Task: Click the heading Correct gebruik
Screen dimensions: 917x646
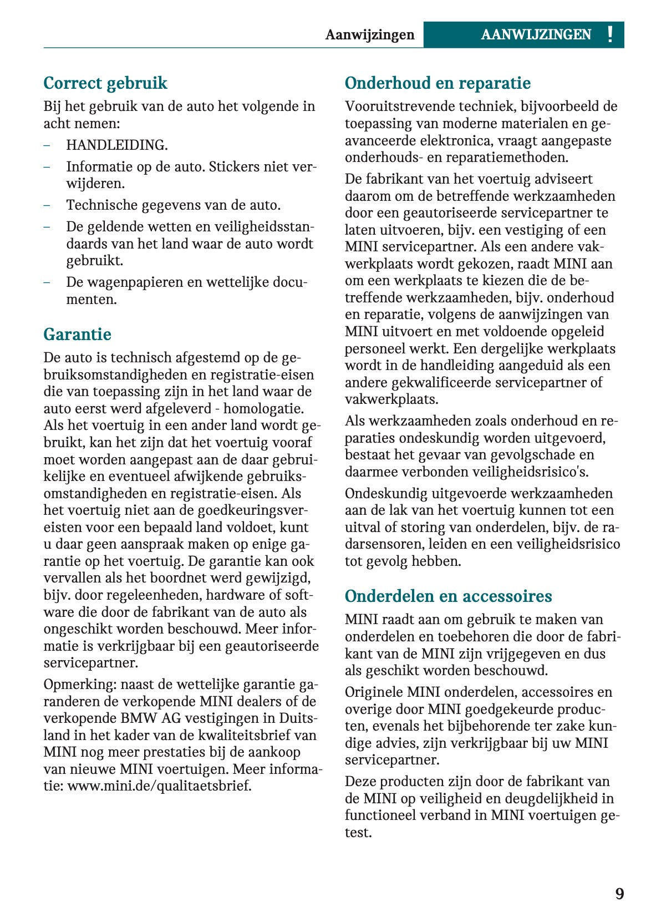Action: [105, 83]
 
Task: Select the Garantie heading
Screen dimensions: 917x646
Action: [77, 335]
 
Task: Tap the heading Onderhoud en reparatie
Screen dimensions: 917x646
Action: [438, 83]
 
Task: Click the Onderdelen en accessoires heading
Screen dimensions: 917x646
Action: [448, 596]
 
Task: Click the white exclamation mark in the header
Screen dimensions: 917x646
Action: [610, 34]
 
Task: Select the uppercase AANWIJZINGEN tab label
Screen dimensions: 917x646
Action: [536, 35]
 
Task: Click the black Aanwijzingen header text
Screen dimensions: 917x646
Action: [370, 35]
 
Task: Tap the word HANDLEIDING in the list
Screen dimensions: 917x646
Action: [116, 145]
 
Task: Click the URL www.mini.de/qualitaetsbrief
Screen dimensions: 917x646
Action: [159, 786]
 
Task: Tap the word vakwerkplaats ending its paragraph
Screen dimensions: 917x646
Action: [391, 399]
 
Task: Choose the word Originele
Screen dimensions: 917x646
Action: [373, 692]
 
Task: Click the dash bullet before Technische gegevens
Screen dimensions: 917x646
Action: [48, 205]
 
